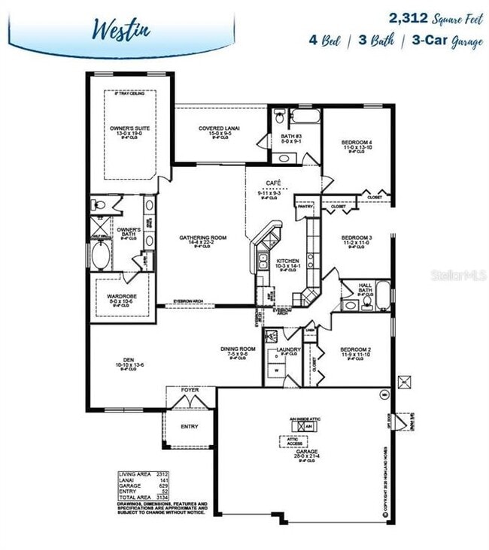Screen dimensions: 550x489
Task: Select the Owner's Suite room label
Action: click(129, 128)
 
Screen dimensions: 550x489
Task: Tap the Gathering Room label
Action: click(202, 238)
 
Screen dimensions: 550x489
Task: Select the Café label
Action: click(273, 183)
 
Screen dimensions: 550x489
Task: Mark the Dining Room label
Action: click(238, 349)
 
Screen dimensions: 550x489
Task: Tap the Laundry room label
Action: click(289, 350)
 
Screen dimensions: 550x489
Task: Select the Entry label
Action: click(190, 427)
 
